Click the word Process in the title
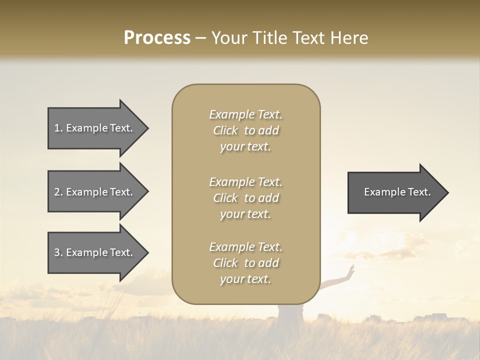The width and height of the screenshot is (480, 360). (157, 38)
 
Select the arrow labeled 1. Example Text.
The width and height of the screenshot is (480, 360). (95, 128)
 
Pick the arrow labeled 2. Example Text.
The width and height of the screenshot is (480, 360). (95, 192)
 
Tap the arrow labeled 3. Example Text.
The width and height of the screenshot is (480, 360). (95, 252)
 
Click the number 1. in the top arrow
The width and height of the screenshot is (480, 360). (58, 128)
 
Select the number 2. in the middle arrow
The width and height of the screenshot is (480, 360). (58, 192)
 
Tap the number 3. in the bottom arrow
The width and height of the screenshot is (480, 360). (58, 252)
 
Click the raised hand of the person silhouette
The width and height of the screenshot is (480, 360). (352, 270)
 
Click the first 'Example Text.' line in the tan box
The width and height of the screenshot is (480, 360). (245, 114)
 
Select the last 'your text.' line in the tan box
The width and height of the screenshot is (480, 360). (245, 279)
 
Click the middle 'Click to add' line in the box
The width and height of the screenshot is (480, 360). (245, 198)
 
